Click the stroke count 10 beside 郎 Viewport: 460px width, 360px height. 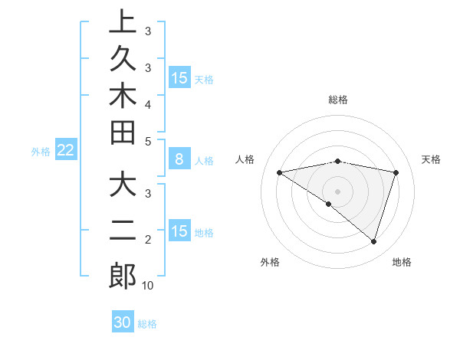tap(148, 286)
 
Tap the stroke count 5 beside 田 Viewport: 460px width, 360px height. tap(148, 141)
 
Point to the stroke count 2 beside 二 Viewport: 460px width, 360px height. tap(148, 240)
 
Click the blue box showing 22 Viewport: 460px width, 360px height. tap(65, 151)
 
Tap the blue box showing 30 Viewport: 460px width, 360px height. tap(123, 323)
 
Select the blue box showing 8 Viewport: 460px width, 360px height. tap(179, 160)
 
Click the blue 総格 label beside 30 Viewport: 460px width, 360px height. tap(147, 324)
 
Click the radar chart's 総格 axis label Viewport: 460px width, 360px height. tap(338, 100)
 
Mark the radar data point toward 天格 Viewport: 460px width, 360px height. tap(396, 172)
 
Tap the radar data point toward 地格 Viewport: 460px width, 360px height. tap(373, 241)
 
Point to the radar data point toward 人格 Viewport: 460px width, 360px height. tap(279, 172)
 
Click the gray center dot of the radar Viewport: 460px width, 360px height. tap(338, 191)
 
